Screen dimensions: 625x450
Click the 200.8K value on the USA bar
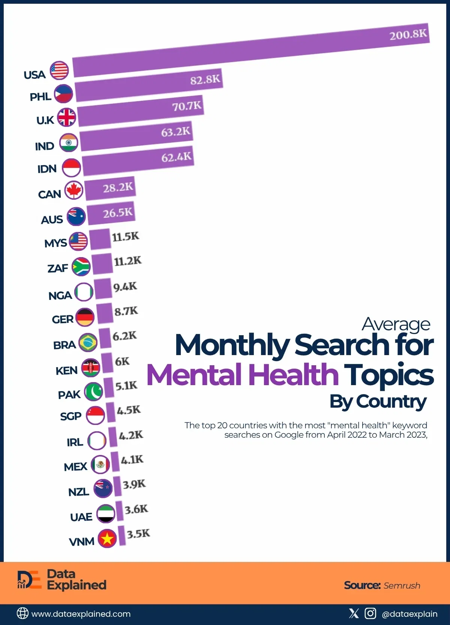click(x=408, y=35)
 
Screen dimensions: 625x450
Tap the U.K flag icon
click(x=67, y=117)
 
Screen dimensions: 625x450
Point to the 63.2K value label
click(x=175, y=132)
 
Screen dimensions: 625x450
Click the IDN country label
click(x=47, y=169)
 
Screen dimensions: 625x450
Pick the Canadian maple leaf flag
click(x=73, y=190)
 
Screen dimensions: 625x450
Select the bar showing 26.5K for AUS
click(x=111, y=214)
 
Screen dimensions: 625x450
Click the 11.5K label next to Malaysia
click(x=125, y=237)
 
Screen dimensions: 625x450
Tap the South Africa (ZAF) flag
click(x=81, y=267)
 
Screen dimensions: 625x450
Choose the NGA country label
click(x=60, y=296)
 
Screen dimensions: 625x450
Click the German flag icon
click(x=85, y=318)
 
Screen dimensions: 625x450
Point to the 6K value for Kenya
click(x=122, y=361)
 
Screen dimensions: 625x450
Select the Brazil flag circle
click(x=88, y=342)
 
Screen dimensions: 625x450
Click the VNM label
click(x=81, y=542)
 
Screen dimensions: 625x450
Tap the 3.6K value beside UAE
click(x=136, y=509)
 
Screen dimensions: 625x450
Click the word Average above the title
click(x=396, y=324)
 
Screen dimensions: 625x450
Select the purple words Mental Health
click(x=242, y=375)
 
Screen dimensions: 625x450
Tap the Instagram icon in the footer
click(x=370, y=613)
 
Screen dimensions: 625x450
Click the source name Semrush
click(x=402, y=586)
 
